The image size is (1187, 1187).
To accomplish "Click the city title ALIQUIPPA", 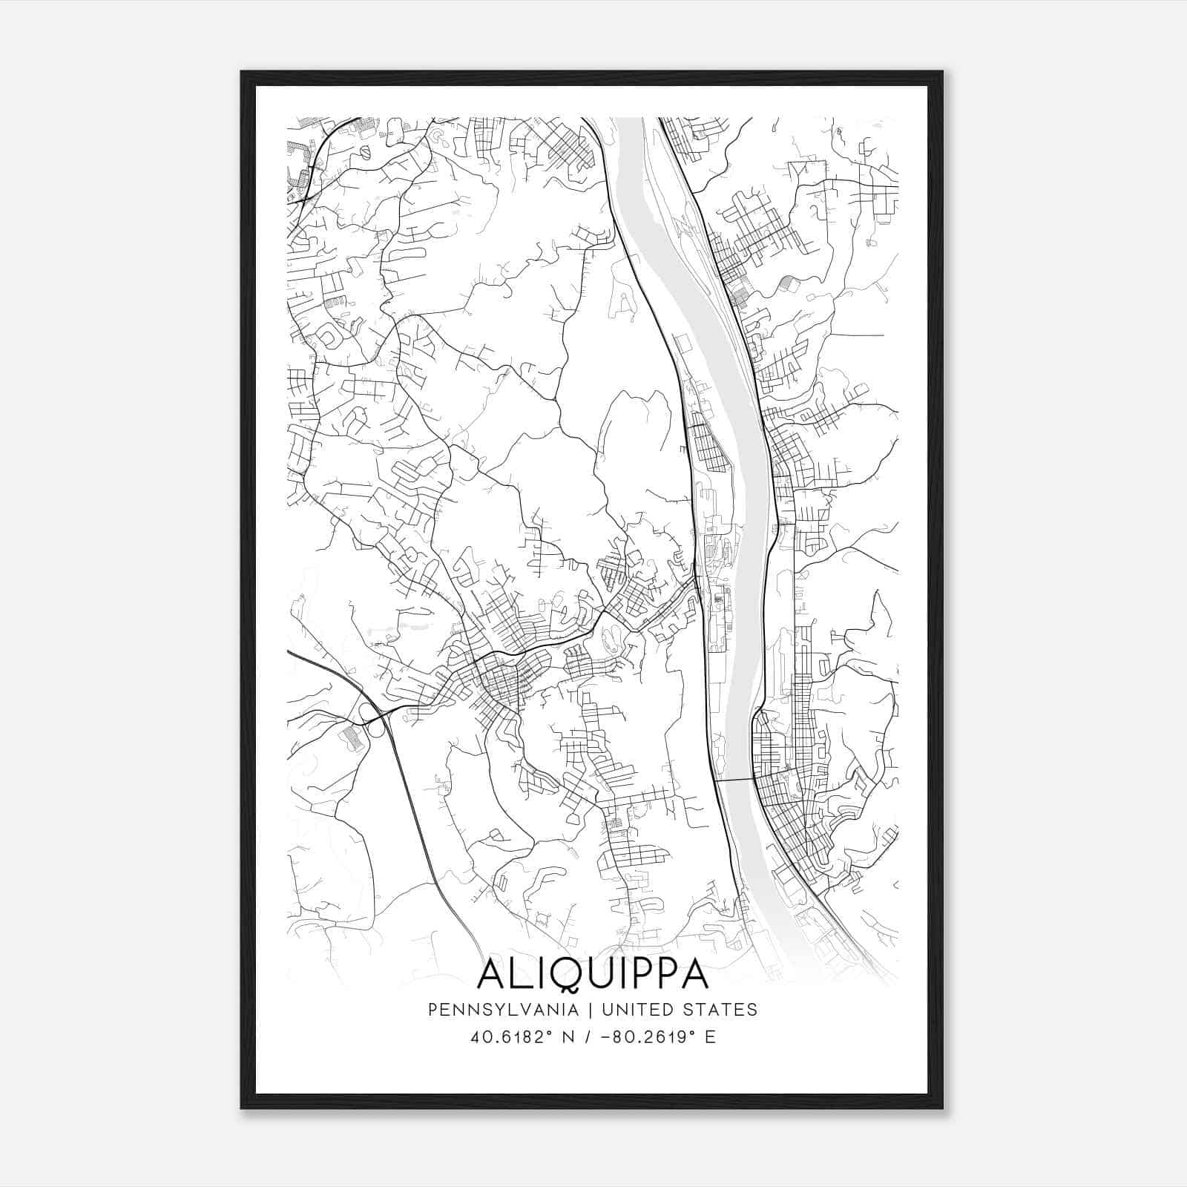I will tap(593, 975).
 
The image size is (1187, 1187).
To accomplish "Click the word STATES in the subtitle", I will tap(721, 1010).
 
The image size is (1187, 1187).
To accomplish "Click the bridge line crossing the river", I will tap(734, 779).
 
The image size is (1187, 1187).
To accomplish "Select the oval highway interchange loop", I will tap(369, 714).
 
